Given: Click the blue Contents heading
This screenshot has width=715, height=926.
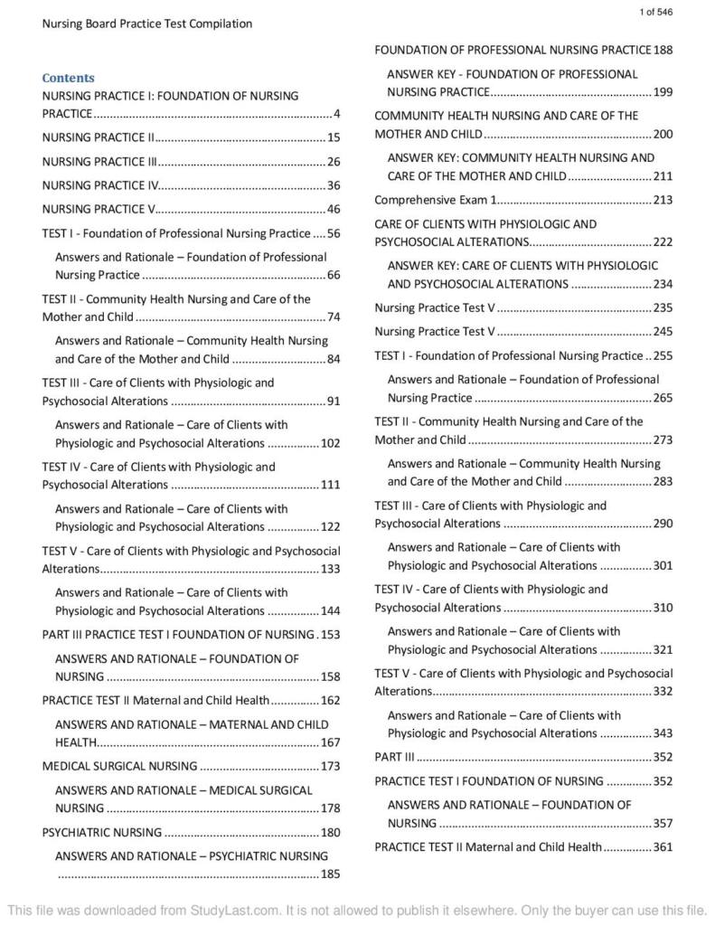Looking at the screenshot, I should click(x=68, y=78).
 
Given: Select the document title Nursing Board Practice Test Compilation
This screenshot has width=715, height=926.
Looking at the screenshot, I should click(x=147, y=24).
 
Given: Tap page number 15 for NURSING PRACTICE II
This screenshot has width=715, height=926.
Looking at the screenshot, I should click(x=333, y=137).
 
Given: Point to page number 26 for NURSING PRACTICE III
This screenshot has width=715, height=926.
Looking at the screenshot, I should click(x=333, y=162).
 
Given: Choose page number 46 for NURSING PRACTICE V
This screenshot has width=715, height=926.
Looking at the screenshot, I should click(x=333, y=209).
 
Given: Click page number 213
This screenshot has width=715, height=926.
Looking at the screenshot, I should click(x=663, y=200).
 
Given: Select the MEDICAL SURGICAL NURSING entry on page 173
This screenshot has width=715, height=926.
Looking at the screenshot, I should click(x=119, y=766).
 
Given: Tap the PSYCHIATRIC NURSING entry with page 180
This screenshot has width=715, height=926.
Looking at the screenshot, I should click(x=102, y=832).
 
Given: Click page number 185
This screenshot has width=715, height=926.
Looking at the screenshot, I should click(x=330, y=874).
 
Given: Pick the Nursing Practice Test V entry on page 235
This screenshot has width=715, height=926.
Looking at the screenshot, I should click(x=435, y=307).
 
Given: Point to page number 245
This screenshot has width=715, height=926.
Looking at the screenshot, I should click(x=663, y=332).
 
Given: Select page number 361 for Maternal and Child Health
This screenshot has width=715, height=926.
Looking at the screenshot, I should click(x=663, y=847).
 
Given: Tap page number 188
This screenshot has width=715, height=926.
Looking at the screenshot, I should click(x=663, y=50).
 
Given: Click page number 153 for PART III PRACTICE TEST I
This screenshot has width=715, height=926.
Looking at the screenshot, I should click(x=330, y=634).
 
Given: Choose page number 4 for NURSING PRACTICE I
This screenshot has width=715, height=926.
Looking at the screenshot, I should click(x=336, y=114).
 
